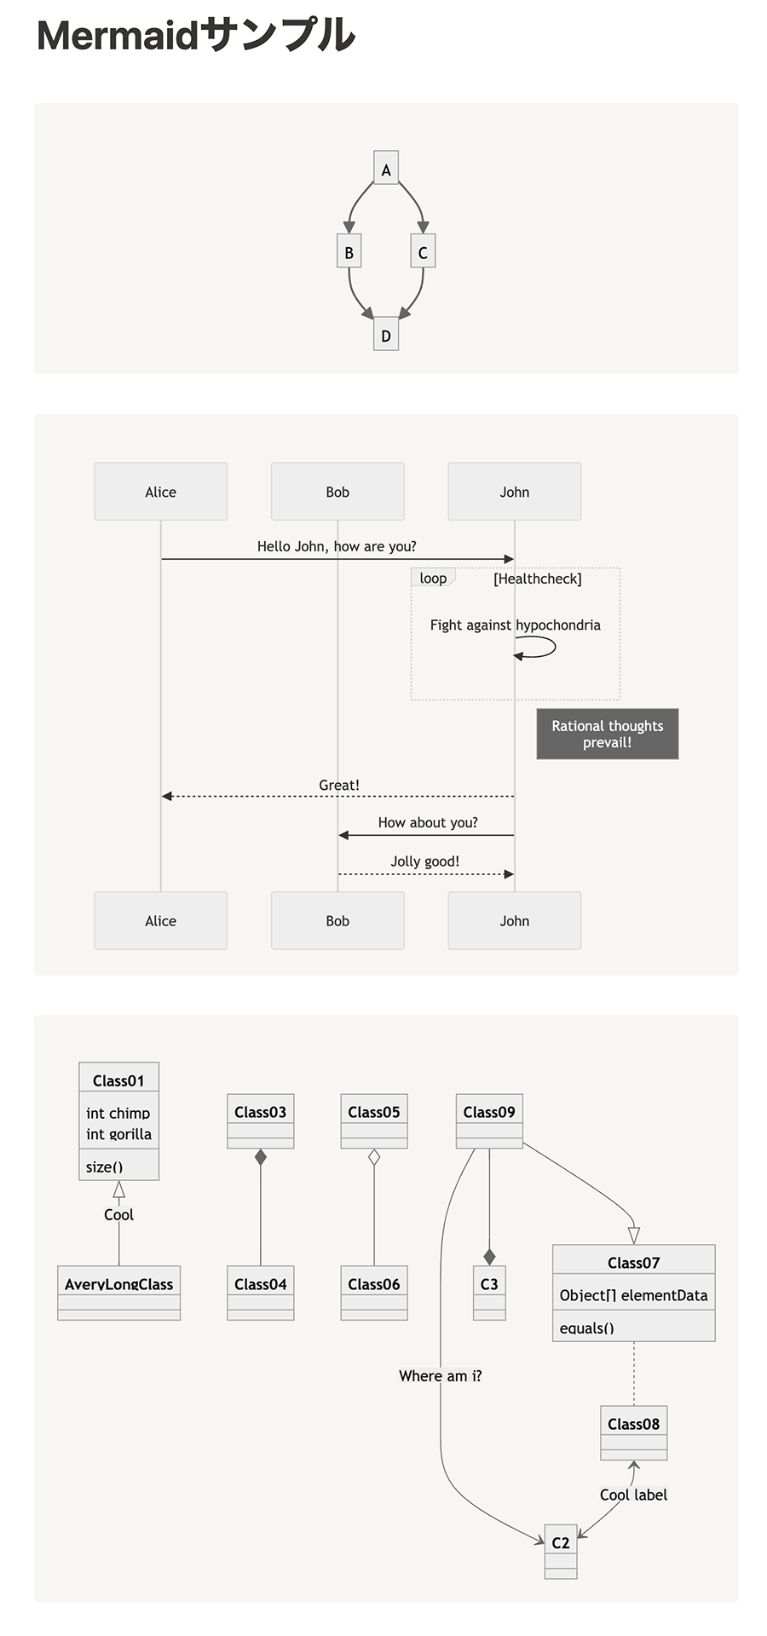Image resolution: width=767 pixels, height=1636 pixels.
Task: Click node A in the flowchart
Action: pos(386,169)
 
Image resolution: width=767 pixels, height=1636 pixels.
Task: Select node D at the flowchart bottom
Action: pos(386,335)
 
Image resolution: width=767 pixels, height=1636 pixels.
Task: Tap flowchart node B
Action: pos(349,251)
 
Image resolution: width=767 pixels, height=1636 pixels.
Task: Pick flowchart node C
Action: pos(423,251)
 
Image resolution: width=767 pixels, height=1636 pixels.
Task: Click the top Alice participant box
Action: pos(160,491)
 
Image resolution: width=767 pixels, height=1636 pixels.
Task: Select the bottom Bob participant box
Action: pos(337,920)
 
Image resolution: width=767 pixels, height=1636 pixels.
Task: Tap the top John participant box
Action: pos(514,491)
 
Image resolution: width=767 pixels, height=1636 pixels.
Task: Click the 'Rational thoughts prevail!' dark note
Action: pos(607,734)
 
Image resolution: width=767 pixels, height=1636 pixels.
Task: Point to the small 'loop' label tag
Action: pos(433,578)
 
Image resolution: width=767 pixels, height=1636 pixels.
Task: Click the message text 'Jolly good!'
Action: pos(424,861)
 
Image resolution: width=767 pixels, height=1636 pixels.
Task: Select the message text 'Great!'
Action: pos(339,785)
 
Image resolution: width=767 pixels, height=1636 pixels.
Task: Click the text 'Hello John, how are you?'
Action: pos(337,546)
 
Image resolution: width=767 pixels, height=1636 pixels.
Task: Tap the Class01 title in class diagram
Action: pos(118,1080)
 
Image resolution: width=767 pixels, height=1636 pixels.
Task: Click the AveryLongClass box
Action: pos(118,1292)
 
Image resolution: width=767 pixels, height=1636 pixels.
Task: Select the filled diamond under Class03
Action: pos(261,1157)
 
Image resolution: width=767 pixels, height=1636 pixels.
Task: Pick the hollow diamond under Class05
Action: pos(374,1157)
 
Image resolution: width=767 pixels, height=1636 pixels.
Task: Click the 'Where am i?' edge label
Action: pos(440,1375)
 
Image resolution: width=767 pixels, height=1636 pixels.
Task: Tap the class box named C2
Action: pos(561,1551)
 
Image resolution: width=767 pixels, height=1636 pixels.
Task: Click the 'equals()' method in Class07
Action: pos(586,1328)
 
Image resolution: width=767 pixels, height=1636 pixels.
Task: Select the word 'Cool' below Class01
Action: pos(118,1214)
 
